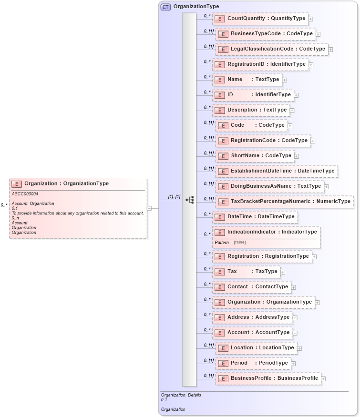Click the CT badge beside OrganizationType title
[x=165, y=7]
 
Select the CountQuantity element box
[x=260, y=19]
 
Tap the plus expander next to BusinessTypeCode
[x=318, y=34]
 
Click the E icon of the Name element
[x=219, y=80]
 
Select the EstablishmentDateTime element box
[x=277, y=171]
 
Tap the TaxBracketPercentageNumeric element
[x=285, y=202]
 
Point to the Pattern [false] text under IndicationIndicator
[x=230, y=242]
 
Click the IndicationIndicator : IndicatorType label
[x=272, y=232]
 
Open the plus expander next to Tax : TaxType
[x=283, y=272]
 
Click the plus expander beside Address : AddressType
[x=295, y=318]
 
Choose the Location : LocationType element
[x=256, y=348]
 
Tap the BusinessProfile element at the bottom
[x=267, y=378]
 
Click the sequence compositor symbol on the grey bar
[x=189, y=200]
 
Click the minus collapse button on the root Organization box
[x=149, y=208]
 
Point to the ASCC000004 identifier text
[x=25, y=194]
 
